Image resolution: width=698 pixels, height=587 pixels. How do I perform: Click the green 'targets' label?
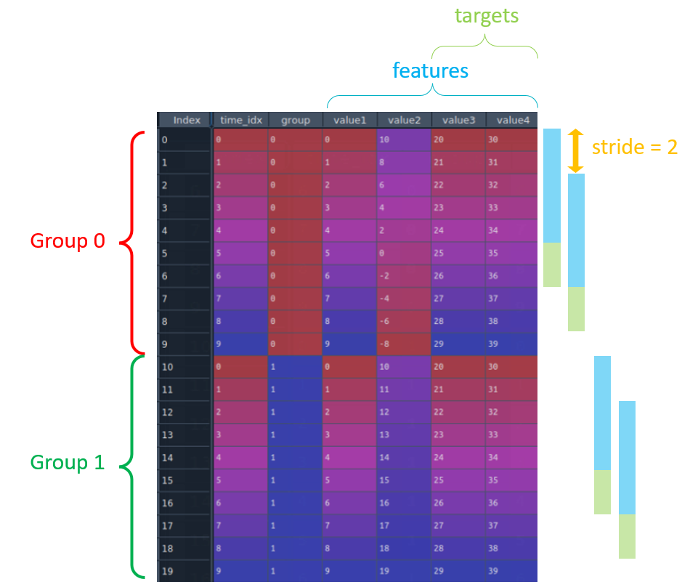486,17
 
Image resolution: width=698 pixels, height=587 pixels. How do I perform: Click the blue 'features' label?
430,70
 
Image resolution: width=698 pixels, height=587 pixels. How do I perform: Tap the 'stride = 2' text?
634,147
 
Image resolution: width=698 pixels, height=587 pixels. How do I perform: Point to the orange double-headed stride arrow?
575,150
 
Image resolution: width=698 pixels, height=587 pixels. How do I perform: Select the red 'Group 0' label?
68,241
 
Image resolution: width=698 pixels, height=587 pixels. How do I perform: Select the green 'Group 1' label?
68,462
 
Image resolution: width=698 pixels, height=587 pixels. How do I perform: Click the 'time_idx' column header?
240,121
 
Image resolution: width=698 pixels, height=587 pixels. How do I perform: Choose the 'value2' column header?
405,121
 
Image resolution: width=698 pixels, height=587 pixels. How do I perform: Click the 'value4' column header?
511,121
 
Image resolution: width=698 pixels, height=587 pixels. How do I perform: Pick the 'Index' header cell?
186,121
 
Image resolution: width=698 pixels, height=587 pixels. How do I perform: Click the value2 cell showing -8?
405,344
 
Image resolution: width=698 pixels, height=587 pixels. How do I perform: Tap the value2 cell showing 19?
405,570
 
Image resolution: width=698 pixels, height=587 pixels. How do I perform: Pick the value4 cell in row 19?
511,570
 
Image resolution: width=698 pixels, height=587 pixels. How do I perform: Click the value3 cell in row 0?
458,139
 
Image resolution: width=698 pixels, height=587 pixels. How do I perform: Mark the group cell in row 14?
295,458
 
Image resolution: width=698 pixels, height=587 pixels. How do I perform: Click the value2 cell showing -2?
405,276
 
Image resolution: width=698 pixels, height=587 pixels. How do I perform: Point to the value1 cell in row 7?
349,299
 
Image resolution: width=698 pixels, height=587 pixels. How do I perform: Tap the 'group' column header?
295,121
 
